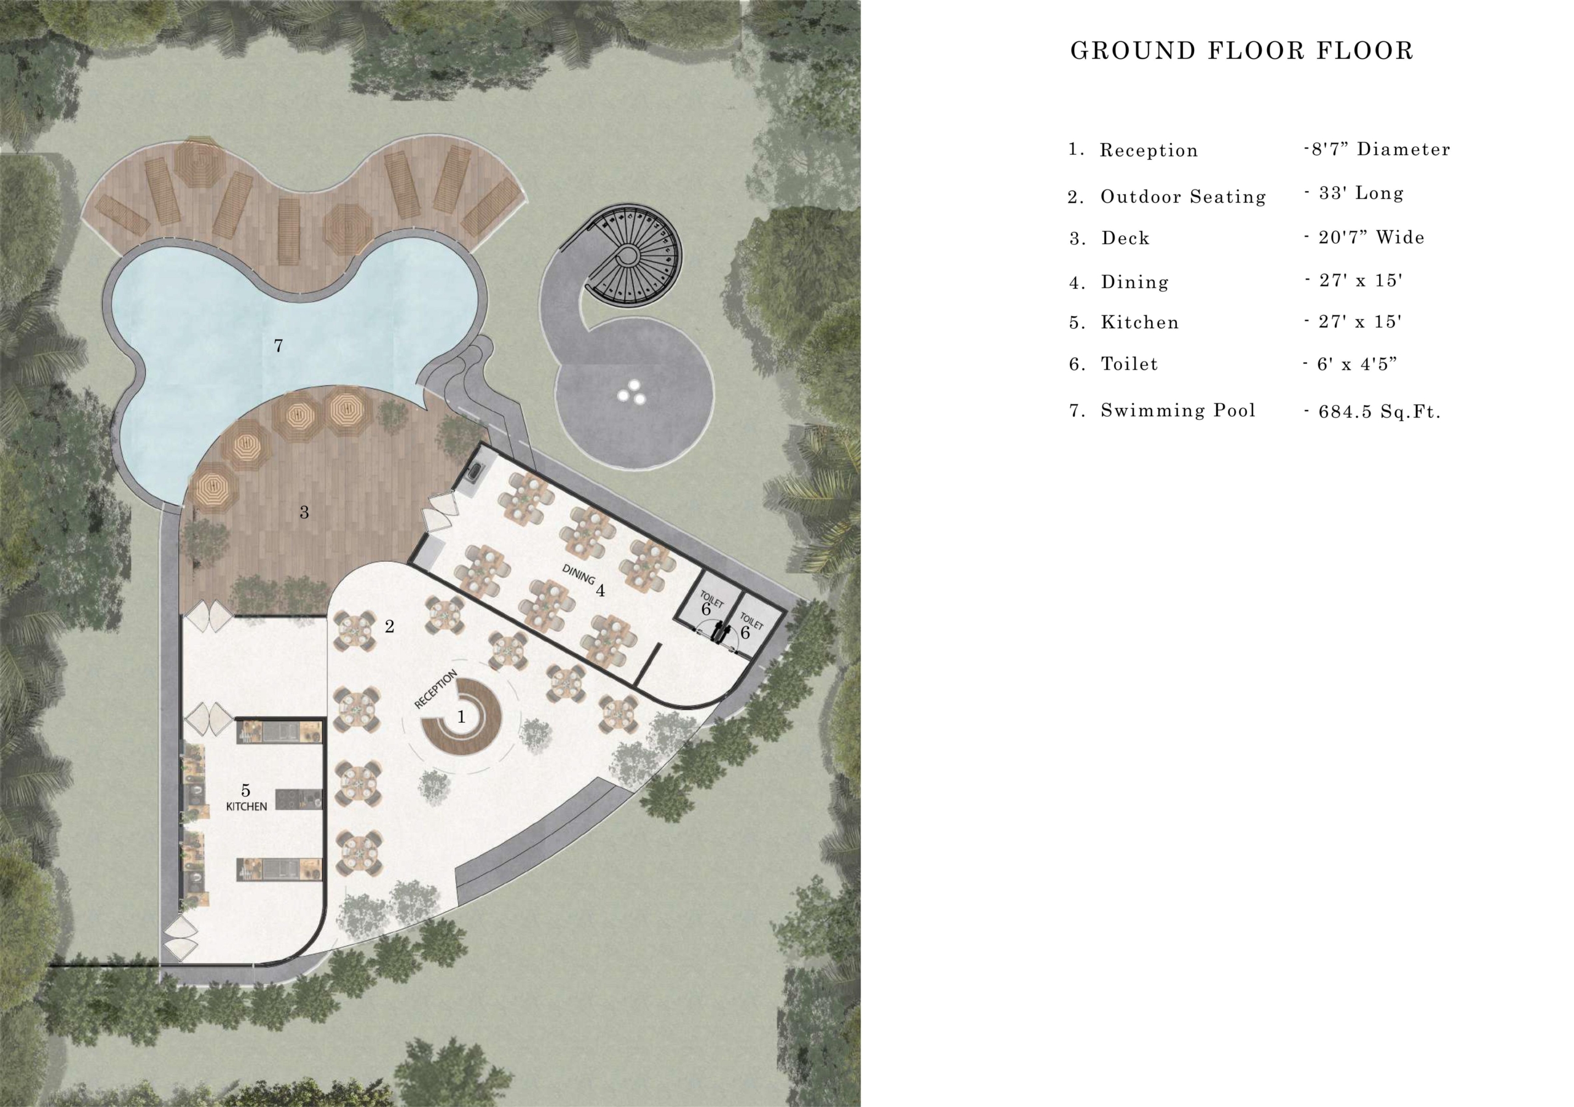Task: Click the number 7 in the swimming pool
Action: coord(279,346)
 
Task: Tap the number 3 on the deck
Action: coord(304,512)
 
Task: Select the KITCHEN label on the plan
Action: coord(246,807)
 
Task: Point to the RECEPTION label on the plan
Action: coord(436,690)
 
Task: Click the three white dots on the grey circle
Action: coord(631,392)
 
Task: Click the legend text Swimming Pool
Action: coord(1178,411)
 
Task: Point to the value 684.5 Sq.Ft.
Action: coord(1379,412)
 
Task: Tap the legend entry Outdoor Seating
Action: coord(1183,197)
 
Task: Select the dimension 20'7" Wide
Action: coord(1371,237)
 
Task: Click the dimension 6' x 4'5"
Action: coord(1357,364)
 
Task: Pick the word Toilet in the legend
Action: coord(1129,364)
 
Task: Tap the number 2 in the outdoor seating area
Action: coord(389,626)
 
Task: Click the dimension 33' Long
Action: coord(1361,193)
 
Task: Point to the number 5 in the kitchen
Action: coord(245,792)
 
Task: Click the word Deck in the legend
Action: coord(1126,238)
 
